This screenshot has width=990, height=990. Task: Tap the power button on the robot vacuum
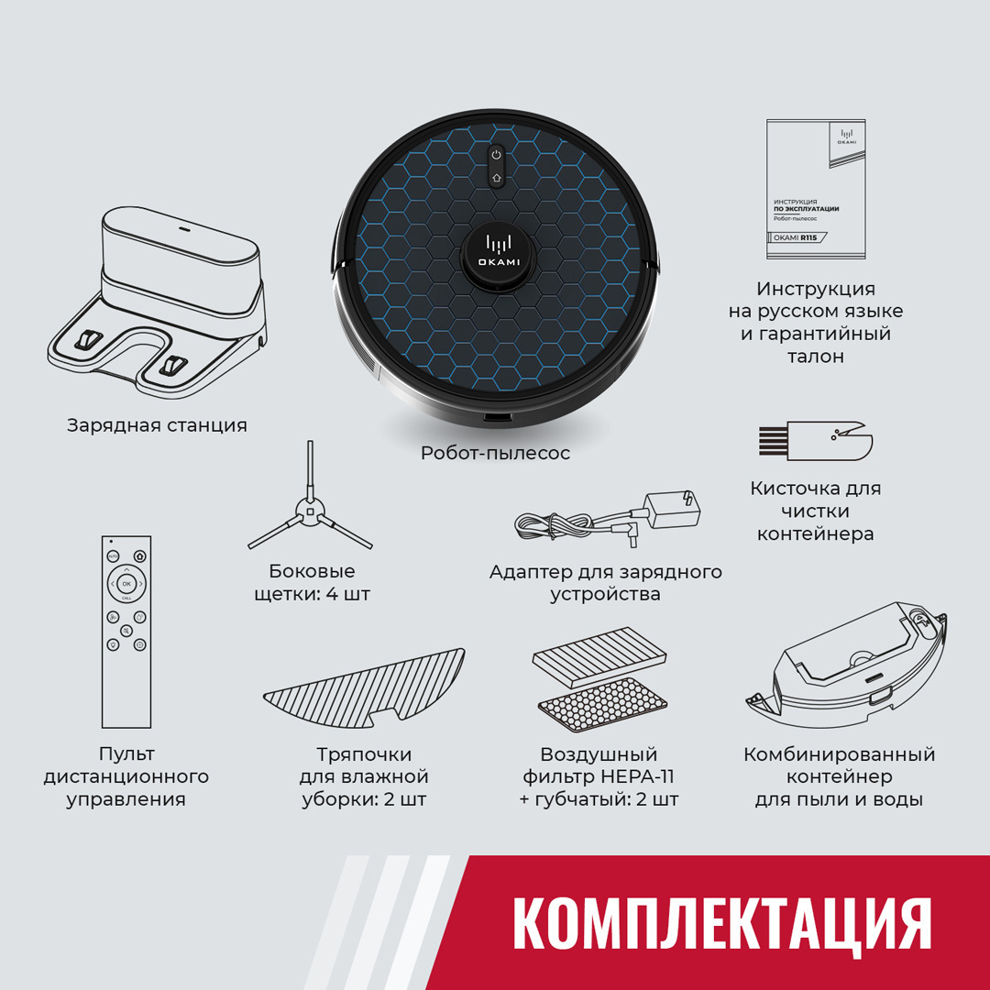click(496, 156)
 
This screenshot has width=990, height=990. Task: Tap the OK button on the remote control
click(126, 583)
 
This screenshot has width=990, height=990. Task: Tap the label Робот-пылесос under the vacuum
click(495, 453)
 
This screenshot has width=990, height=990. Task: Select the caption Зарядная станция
click(157, 425)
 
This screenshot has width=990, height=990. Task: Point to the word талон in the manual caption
click(816, 357)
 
